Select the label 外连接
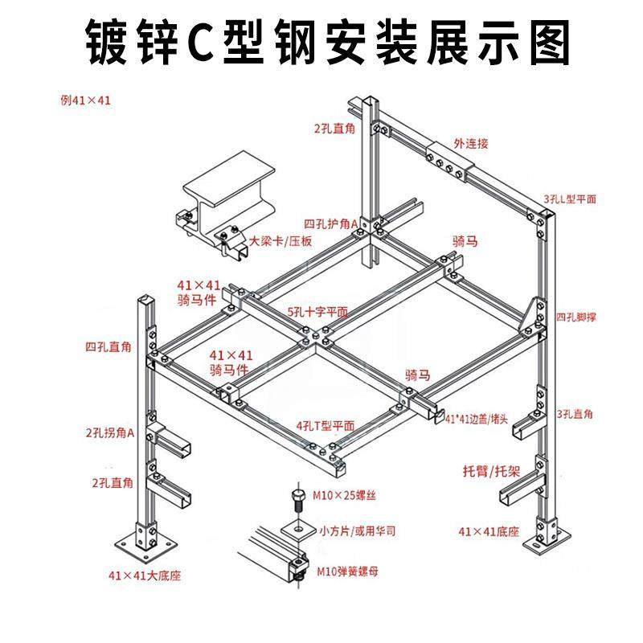click(471, 144)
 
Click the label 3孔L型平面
click(569, 199)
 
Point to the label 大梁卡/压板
click(280, 240)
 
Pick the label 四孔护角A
click(330, 223)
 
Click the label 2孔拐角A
click(109, 432)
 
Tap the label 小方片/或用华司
click(358, 531)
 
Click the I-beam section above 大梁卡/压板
click(229, 186)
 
